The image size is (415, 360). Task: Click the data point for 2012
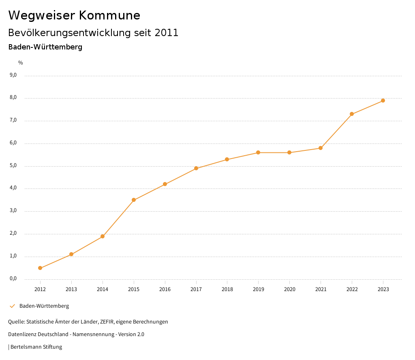tap(40, 268)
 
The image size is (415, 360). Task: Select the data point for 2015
tap(134, 200)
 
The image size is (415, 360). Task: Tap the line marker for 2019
tap(258, 152)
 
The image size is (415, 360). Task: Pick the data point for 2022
tap(352, 114)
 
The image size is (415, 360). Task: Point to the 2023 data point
tap(383, 101)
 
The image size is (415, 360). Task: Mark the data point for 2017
tap(196, 168)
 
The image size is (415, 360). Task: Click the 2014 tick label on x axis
tap(103, 289)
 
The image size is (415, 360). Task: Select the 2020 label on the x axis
tap(289, 289)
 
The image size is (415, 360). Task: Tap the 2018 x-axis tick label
tap(227, 289)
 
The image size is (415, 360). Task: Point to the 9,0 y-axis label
tap(13, 75)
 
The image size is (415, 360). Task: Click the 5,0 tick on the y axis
tap(13, 165)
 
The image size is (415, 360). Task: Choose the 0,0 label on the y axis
tap(13, 279)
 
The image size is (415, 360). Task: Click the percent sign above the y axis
tap(21, 63)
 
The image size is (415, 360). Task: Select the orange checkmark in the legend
tap(12, 306)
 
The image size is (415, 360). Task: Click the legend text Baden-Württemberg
tap(44, 306)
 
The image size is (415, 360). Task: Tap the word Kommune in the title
tap(109, 15)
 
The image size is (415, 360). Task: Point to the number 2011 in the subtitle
tap(166, 33)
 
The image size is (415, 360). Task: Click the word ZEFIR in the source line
tap(103, 322)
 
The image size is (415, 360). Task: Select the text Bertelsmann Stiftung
tap(36, 347)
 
